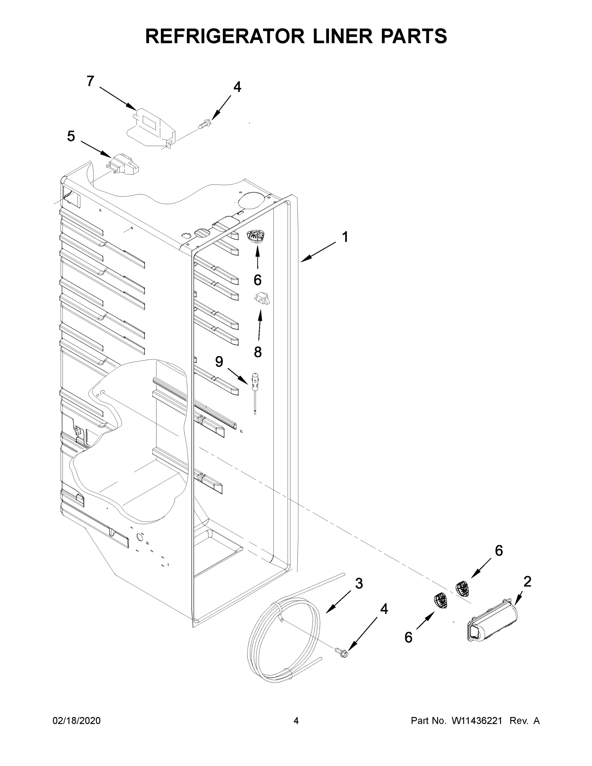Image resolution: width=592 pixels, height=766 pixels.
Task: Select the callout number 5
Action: [71, 136]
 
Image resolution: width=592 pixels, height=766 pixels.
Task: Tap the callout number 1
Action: [345, 237]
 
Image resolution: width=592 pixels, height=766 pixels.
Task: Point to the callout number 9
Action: [219, 361]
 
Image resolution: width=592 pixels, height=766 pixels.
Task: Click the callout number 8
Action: [258, 352]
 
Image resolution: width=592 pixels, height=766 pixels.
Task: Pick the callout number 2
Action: [528, 582]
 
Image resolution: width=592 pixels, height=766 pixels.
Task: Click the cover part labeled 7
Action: [151, 128]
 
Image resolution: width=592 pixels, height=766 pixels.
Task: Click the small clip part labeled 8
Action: [262, 298]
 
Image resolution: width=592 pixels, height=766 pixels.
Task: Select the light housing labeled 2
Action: [492, 623]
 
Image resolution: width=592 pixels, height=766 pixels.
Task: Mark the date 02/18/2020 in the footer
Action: [77, 720]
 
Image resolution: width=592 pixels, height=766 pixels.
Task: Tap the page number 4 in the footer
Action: [296, 720]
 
